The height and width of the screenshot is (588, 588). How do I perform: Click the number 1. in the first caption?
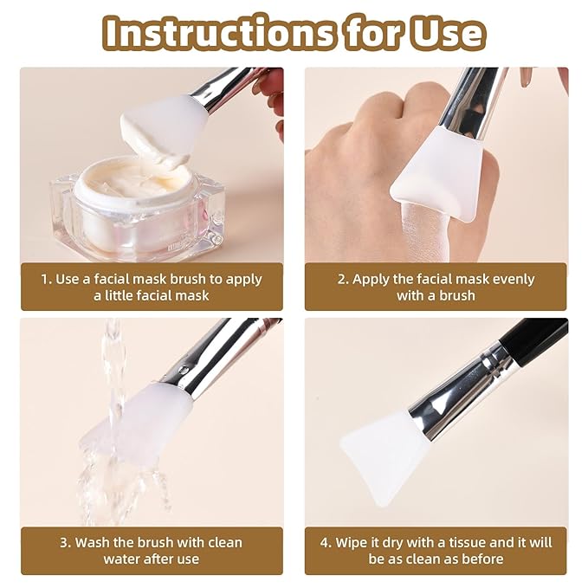(x=48, y=279)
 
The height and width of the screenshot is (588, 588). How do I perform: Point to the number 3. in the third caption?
(x=65, y=543)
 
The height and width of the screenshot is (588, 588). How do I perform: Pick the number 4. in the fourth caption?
(x=326, y=543)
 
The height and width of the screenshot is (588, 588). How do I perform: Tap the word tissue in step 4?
(x=467, y=543)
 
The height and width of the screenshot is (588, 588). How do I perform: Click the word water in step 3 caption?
(x=122, y=559)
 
